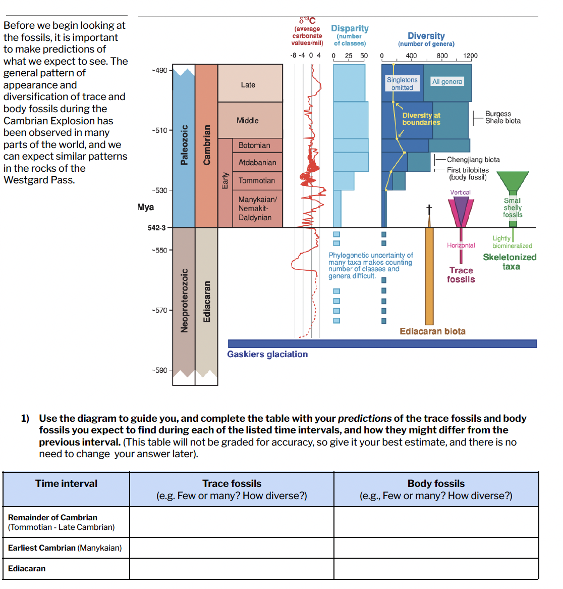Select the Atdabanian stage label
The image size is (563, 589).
(257, 163)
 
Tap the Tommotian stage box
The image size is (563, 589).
(257, 180)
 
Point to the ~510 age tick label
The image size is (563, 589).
(159, 130)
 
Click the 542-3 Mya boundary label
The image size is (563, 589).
(156, 228)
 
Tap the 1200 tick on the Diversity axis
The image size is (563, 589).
(470, 56)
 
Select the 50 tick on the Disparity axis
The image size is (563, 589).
(364, 56)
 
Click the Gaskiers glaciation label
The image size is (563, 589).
(267, 354)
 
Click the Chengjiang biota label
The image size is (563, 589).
(473, 160)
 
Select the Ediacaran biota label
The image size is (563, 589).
(432, 331)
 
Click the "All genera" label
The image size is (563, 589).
(447, 81)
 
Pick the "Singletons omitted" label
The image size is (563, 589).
(402, 84)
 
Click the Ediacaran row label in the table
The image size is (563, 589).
(27, 568)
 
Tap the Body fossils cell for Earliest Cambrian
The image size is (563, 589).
(436, 548)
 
